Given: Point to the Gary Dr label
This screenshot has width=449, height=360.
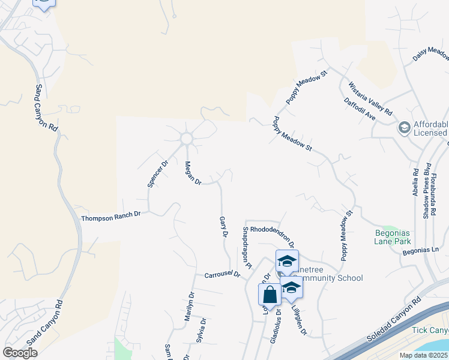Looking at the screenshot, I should [x=223, y=228].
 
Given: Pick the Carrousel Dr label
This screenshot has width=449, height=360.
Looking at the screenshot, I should [x=222, y=274].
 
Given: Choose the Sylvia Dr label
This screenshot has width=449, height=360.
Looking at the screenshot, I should [x=202, y=329].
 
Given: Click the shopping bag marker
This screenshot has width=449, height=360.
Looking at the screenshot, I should [x=270, y=294].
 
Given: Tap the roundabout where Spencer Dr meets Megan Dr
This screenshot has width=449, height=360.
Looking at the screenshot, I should [x=186, y=139].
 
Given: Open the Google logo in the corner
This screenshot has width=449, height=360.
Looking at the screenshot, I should [x=20, y=353].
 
